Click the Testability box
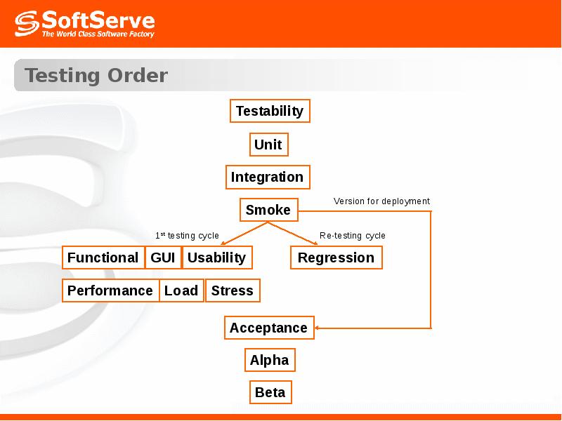click(270, 111)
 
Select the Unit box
click(269, 145)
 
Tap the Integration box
click(268, 178)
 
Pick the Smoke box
click(269, 210)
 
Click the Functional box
click(103, 258)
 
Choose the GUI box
click(163, 258)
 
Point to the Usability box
click(217, 258)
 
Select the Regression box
click(336, 258)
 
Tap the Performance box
click(110, 290)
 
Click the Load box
click(181, 290)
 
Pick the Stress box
click(233, 290)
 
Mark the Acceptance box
click(269, 328)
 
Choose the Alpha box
click(270, 360)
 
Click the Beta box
click(270, 392)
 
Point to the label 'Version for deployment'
click(381, 201)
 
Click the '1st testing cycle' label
click(187, 236)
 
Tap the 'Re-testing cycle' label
click(353, 236)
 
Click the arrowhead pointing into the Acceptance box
click(317, 328)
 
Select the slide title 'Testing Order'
click(96, 76)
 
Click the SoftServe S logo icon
click(27, 24)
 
